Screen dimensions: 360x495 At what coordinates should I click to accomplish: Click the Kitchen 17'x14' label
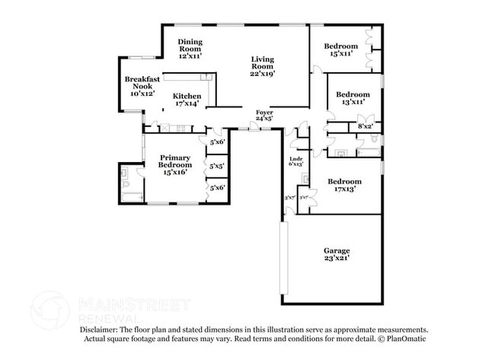(187, 100)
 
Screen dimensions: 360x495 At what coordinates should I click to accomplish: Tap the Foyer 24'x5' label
(264, 115)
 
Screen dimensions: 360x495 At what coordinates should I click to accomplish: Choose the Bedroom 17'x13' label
(344, 185)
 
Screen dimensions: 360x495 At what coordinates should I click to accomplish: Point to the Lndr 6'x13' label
(296, 161)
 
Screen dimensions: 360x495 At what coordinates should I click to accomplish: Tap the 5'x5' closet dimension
(216, 165)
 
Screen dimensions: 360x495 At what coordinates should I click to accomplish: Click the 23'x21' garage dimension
(336, 259)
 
